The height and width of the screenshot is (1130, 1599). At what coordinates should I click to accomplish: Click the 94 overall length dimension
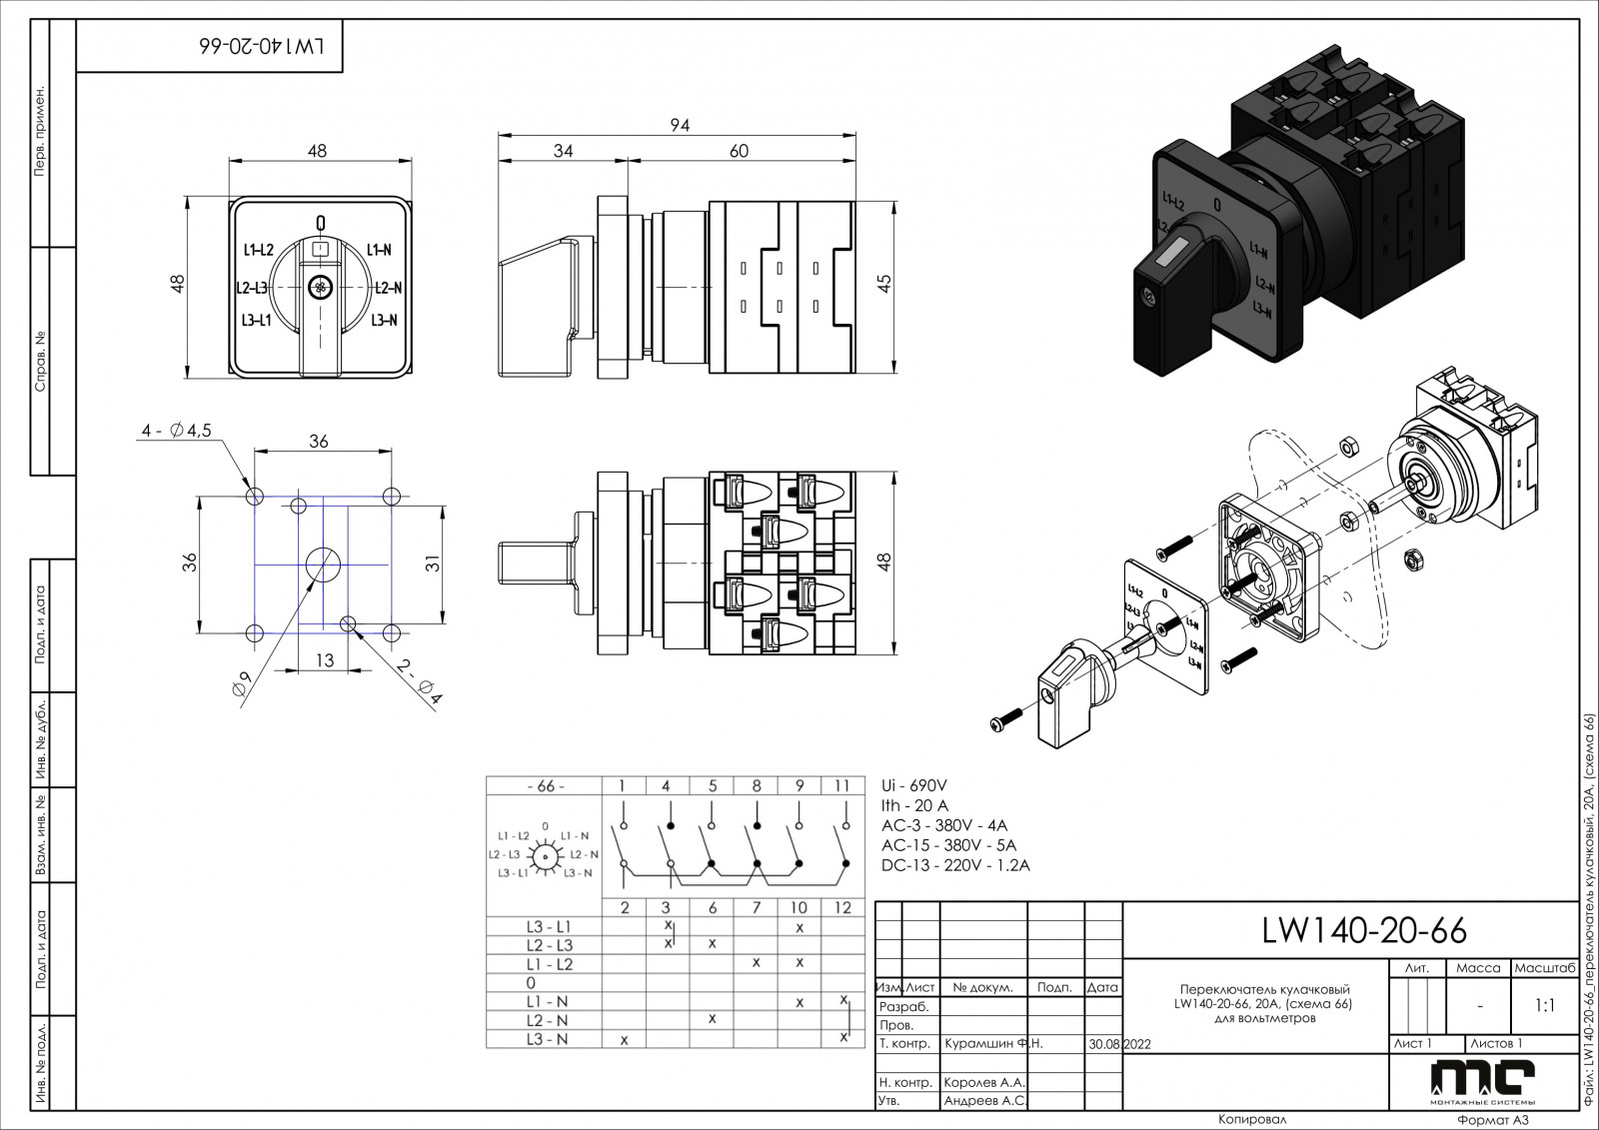680,126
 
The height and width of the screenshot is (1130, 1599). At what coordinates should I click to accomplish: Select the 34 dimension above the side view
564,151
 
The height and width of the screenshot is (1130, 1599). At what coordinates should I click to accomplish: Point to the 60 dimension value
739,151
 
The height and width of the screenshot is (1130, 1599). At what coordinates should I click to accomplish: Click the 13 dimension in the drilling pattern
325,660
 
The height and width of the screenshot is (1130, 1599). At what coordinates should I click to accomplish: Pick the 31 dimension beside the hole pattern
433,565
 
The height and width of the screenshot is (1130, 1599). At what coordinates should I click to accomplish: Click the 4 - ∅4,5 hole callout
176,431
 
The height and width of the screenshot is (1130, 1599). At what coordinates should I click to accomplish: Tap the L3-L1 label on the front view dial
257,321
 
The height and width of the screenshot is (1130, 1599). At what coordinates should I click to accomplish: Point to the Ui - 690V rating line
913,785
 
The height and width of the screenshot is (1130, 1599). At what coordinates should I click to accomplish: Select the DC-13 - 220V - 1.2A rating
955,865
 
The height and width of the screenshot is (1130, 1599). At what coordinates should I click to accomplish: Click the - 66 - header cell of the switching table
545,786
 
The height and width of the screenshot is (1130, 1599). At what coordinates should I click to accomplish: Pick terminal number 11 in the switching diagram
841,786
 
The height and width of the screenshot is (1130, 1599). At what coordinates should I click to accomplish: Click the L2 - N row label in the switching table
547,1020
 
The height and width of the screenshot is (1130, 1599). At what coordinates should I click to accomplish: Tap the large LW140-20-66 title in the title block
1364,931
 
